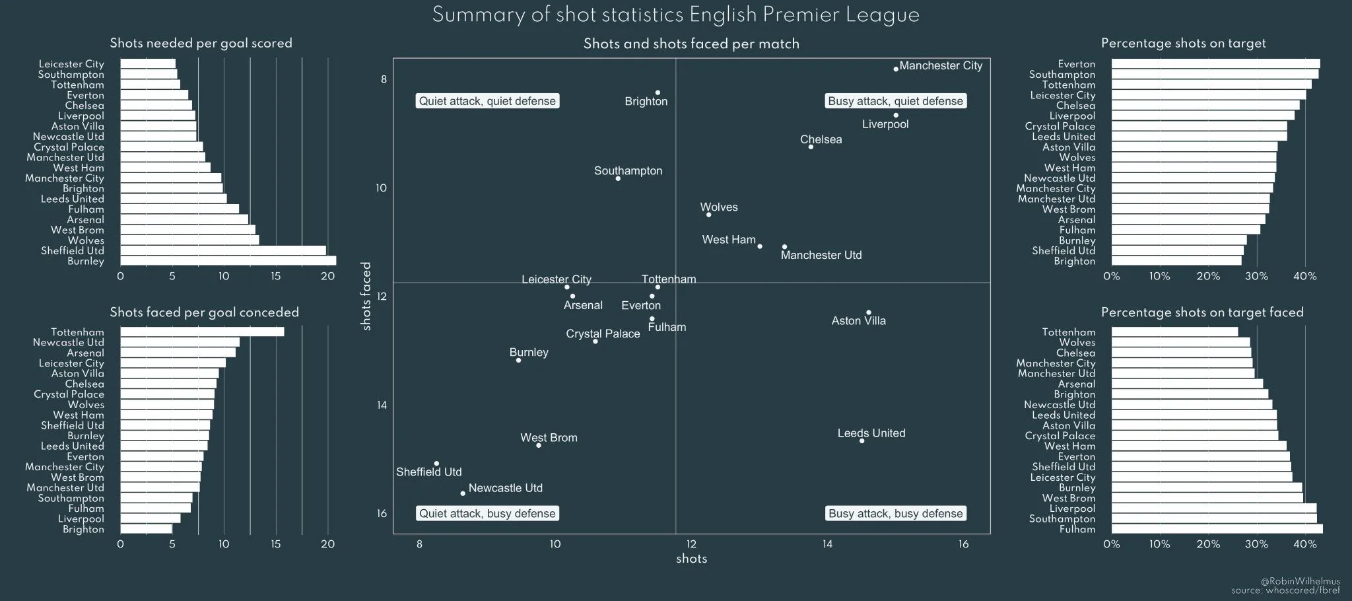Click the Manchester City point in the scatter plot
point(896,69)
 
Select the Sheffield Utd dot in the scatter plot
point(436,464)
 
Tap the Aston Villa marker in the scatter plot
point(868,312)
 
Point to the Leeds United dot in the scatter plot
point(862,441)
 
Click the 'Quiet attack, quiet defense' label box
point(487,101)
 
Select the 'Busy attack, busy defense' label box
point(895,514)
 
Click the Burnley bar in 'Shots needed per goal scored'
point(228,261)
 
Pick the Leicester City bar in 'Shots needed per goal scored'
point(148,64)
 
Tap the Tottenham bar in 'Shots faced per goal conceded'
point(202,332)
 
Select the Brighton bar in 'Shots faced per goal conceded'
point(146,529)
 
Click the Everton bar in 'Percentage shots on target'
point(1215,64)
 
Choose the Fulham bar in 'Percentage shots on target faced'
point(1217,529)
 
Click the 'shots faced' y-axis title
point(367,296)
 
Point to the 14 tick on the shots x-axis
point(827,544)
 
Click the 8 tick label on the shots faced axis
point(384,80)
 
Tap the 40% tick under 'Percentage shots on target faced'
point(1304,544)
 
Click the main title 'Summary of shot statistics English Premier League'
point(675,15)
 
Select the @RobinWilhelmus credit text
point(1300,581)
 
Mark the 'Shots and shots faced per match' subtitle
point(691,44)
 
